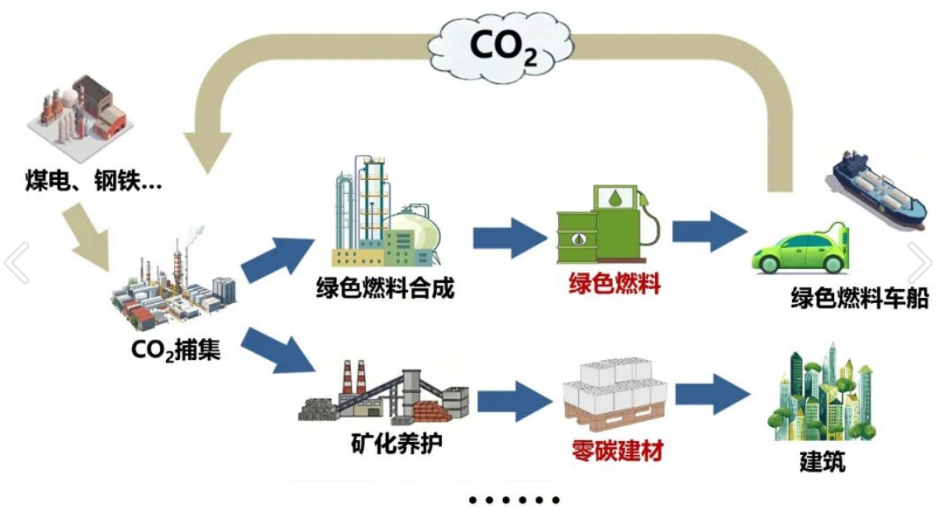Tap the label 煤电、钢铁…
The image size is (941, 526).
92,184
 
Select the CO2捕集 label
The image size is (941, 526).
175,351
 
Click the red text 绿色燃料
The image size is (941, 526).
614,283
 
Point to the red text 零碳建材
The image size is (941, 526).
617,450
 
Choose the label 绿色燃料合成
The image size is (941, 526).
385,288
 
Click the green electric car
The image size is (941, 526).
799,249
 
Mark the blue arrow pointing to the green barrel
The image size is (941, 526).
511,236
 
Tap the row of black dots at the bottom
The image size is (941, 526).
515,500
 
